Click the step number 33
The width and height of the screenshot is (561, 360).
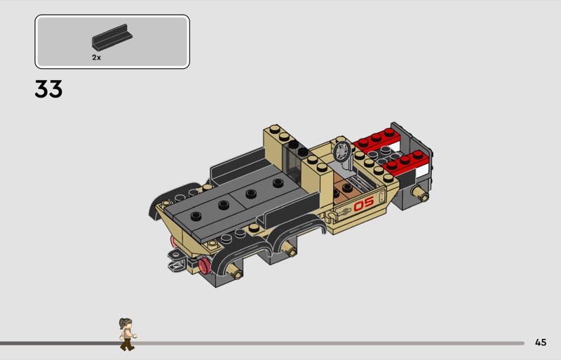point(48,89)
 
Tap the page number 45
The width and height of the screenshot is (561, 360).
point(541,342)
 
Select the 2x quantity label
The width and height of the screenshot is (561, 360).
point(96,58)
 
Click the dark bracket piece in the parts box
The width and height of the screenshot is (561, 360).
point(112,37)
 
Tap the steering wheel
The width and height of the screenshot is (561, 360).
point(342,152)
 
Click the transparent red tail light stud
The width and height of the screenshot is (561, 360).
point(204,266)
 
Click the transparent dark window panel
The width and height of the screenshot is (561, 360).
point(292,164)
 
